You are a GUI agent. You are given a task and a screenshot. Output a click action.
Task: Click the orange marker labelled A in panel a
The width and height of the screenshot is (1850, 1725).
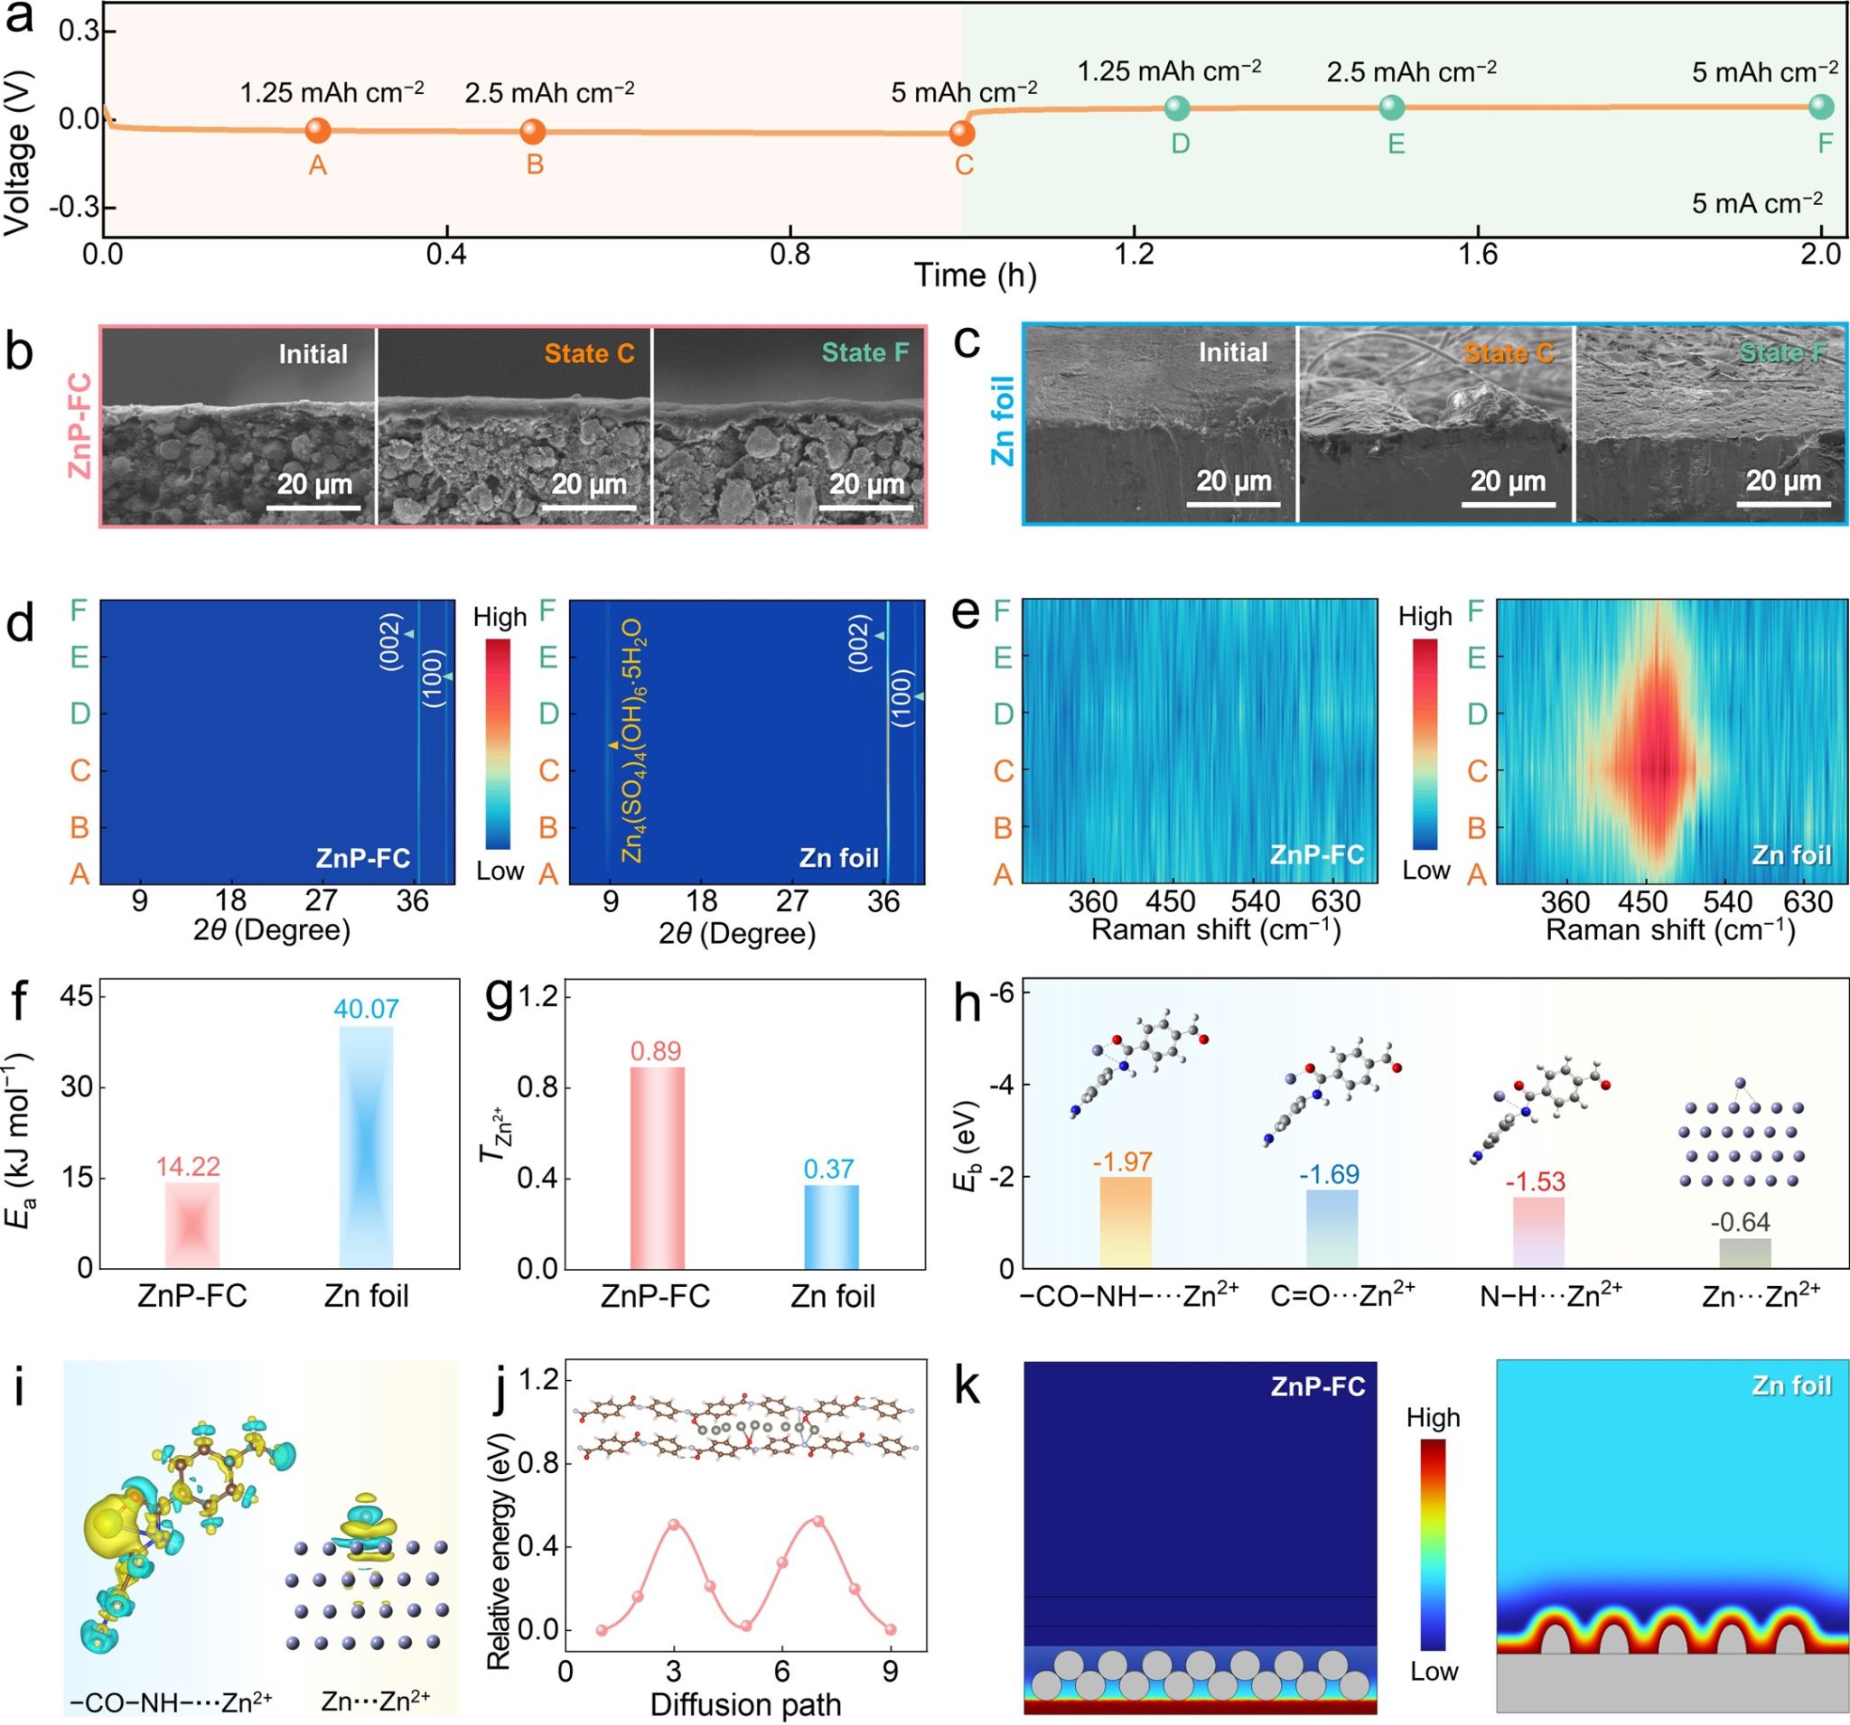click(x=317, y=130)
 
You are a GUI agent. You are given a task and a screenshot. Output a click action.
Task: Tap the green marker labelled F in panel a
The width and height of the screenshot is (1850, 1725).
click(x=1821, y=107)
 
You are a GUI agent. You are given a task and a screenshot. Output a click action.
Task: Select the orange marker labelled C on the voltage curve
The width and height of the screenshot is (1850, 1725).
click(x=962, y=133)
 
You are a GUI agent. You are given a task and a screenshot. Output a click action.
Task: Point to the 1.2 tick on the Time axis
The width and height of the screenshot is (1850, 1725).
click(x=1135, y=253)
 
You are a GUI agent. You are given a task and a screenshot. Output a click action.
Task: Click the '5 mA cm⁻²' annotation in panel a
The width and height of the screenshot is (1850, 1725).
click(x=1757, y=203)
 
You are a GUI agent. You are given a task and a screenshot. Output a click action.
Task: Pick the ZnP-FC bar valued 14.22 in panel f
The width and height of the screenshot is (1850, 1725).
click(x=192, y=1225)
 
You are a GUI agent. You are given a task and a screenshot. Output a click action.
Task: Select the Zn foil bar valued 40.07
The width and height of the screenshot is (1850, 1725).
click(x=366, y=1146)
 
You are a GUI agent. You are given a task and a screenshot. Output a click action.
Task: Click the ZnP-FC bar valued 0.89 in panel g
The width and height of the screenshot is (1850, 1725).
click(x=657, y=1167)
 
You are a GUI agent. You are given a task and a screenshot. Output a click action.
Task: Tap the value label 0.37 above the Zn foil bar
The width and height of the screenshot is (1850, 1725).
click(x=828, y=1169)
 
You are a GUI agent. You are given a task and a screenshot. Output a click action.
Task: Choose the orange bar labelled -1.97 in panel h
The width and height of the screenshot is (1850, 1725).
click(x=1125, y=1222)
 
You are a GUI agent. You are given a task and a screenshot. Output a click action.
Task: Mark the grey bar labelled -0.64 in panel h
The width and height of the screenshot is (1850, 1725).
click(x=1745, y=1253)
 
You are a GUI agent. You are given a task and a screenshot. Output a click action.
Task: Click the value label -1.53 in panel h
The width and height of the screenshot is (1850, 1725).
click(x=1537, y=1181)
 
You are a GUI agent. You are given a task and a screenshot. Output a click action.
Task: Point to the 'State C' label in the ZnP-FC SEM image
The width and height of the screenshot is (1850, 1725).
click(x=589, y=353)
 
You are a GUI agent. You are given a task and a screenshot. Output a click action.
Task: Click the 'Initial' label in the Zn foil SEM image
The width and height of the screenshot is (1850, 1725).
click(x=1233, y=352)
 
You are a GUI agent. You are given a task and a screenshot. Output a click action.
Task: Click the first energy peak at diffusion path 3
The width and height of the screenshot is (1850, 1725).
click(x=675, y=1525)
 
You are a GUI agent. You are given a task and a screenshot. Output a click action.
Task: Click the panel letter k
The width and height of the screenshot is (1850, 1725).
click(x=967, y=1387)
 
